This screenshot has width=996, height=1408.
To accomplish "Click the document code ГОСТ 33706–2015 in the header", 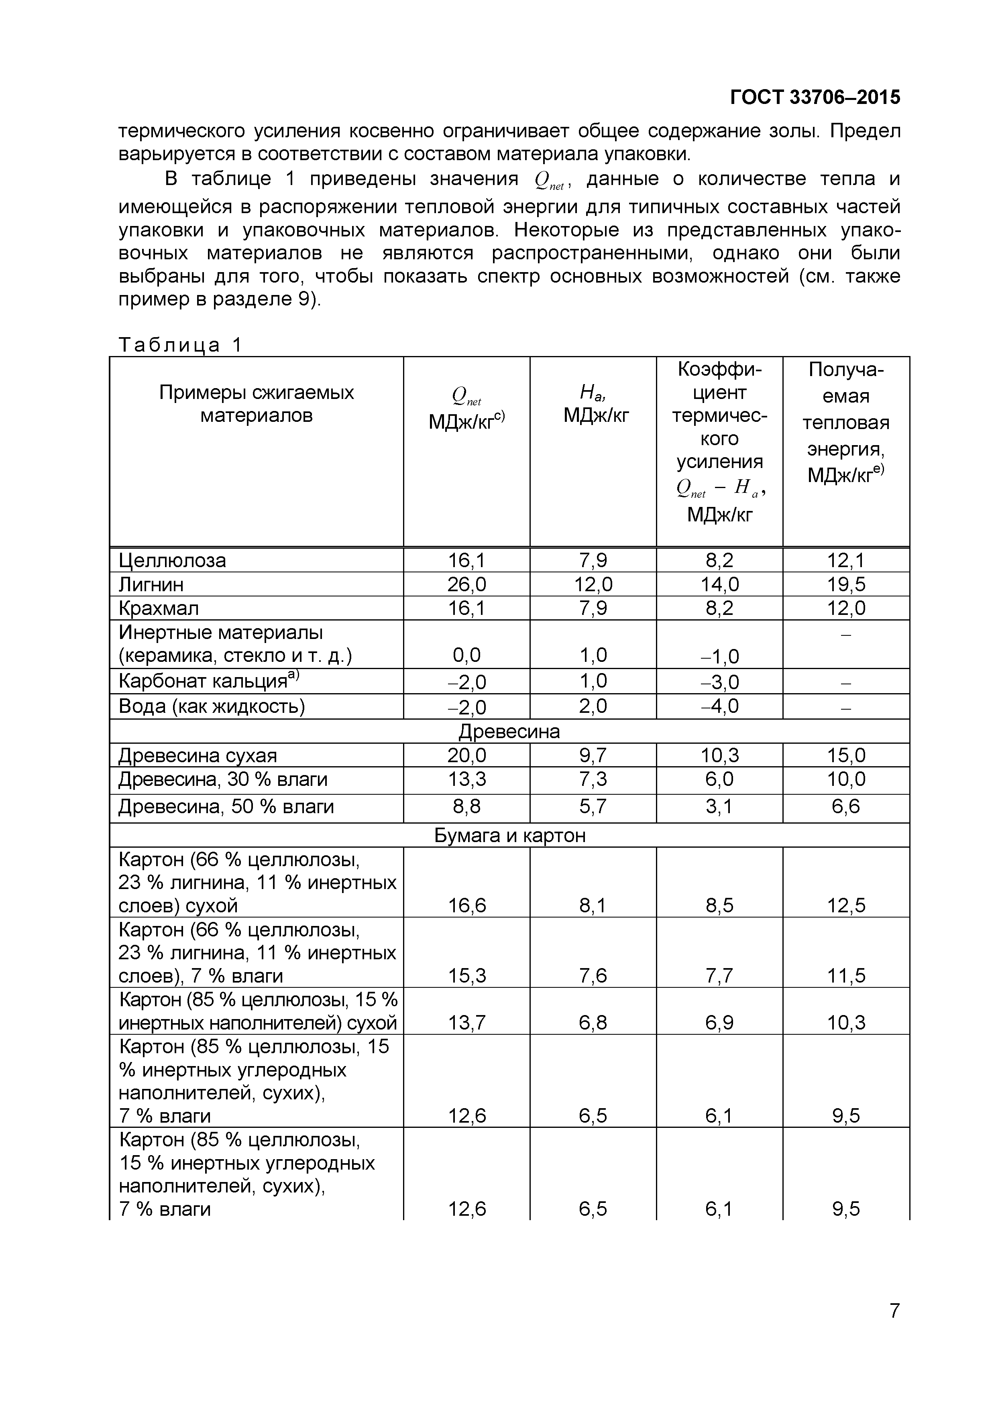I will tap(815, 97).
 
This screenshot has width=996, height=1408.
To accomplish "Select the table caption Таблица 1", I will tap(180, 345).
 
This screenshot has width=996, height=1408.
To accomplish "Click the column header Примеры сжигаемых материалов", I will tap(257, 403).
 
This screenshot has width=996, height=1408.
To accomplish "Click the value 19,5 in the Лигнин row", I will tap(846, 584).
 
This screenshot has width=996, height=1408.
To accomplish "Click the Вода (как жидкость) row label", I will tap(212, 706).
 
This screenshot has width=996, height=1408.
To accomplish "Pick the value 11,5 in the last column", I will tap(846, 975).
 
